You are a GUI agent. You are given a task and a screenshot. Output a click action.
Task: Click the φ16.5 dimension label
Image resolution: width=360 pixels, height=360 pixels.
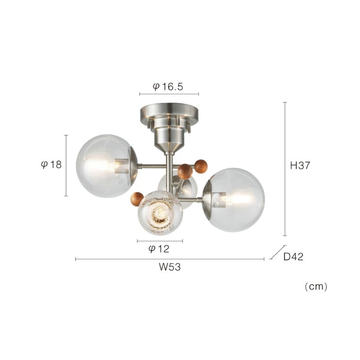pyautogui.click(x=168, y=87)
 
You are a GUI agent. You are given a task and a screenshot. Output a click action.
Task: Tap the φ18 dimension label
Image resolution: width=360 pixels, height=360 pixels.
pyautogui.click(x=51, y=165)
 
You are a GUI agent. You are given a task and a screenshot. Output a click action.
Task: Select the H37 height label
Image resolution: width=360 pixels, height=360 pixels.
pyautogui.click(x=300, y=165)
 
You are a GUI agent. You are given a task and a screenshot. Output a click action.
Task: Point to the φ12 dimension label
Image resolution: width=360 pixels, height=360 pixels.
pyautogui.click(x=159, y=249)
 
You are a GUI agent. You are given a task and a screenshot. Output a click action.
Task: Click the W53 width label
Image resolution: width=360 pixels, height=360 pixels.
pyautogui.click(x=170, y=267)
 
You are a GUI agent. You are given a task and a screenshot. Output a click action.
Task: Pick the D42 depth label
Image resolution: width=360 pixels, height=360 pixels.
pyautogui.click(x=293, y=256)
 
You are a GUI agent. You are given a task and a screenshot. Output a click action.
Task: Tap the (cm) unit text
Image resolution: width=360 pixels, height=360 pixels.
pyautogui.click(x=316, y=287)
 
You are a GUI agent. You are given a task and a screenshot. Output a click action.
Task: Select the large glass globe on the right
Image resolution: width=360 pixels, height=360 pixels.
pyautogui.click(x=234, y=200)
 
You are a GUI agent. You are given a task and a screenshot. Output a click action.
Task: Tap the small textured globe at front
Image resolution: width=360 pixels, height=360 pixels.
pyautogui.click(x=160, y=213)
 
